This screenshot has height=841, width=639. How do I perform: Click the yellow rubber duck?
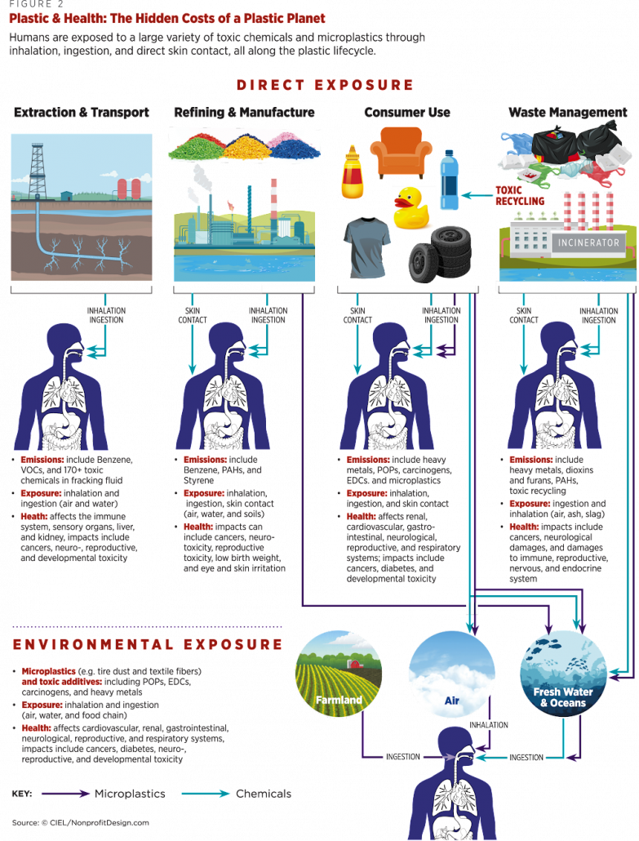tap(411, 207)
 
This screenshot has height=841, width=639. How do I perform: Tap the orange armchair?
tap(401, 153)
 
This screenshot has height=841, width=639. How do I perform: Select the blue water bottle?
tap(449, 180)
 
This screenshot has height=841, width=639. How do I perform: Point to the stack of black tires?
tap(441, 254)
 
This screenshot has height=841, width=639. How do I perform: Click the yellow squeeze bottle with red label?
tap(353, 172)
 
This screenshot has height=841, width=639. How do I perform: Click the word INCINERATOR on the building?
tap(588, 243)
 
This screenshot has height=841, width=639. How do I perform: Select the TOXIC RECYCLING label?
tap(520, 196)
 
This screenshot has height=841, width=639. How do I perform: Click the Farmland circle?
tap(339, 674)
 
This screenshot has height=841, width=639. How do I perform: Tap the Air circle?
tap(452, 674)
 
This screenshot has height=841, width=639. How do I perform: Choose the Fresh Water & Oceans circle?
tap(563, 674)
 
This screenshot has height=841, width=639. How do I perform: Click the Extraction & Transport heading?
tap(82, 112)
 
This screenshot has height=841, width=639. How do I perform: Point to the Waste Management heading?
tap(568, 112)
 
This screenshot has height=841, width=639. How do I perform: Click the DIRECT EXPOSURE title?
tap(325, 85)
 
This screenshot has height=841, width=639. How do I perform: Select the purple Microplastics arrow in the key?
tap(65, 794)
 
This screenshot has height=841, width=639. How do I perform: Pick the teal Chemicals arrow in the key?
tap(206, 794)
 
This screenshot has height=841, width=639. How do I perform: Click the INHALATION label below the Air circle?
tap(488, 725)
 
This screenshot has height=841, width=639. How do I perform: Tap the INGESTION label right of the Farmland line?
tap(402, 757)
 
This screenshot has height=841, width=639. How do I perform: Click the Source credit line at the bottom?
tap(81, 823)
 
